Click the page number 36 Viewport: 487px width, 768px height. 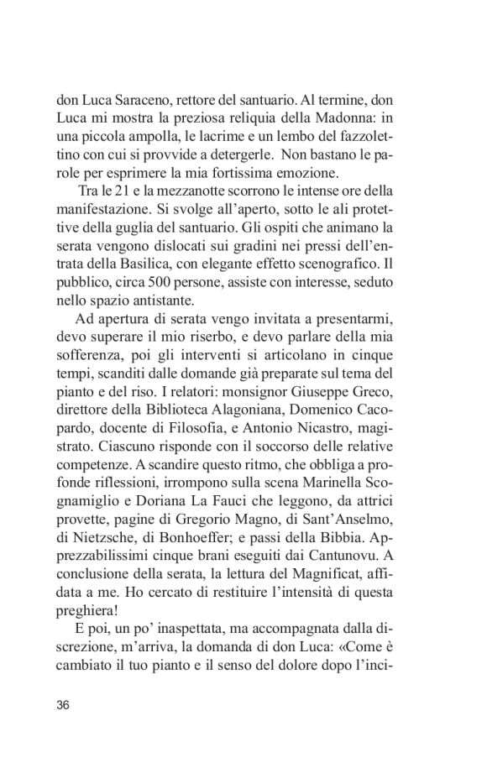63,704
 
